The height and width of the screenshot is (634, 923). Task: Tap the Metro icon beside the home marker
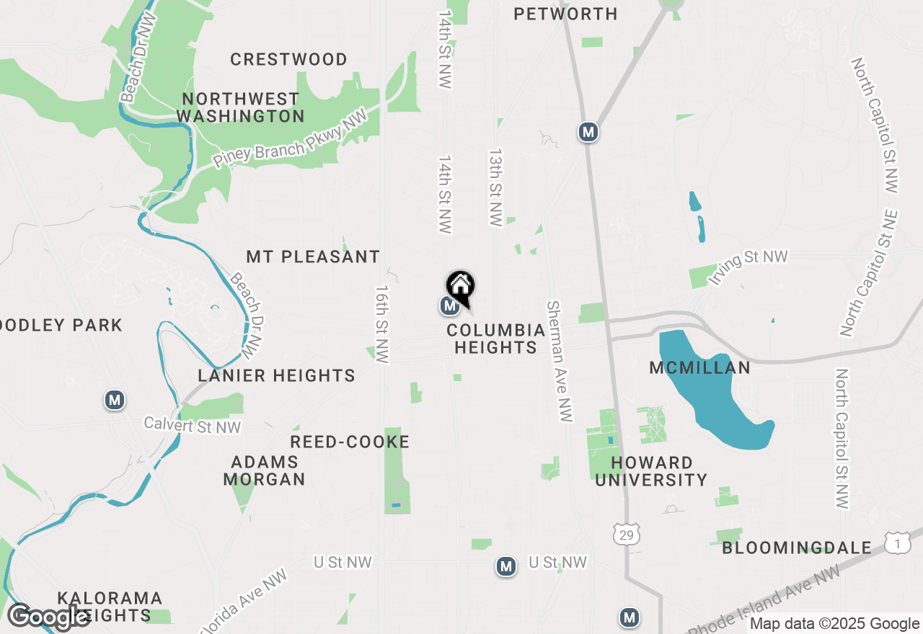pos(449,306)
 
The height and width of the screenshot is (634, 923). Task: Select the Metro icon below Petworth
pos(589,132)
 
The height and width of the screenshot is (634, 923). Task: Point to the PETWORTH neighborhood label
pos(565,14)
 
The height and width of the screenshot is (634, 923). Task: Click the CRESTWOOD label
pos(288,59)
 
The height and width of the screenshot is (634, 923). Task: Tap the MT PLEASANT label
pos(313,256)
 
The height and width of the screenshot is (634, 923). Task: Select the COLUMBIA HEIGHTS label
pos(495,339)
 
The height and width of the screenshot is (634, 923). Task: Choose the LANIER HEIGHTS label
pos(277,375)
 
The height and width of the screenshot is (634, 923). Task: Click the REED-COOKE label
pos(350,442)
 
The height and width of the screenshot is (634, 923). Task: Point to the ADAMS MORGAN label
pos(264,470)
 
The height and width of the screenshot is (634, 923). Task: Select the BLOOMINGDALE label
pos(797,548)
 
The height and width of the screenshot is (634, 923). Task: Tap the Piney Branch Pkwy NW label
pos(291,138)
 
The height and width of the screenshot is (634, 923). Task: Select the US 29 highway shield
pos(624,534)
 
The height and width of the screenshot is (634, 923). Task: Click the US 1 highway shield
pos(896,545)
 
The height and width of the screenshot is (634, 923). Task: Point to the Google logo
pos(49,616)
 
